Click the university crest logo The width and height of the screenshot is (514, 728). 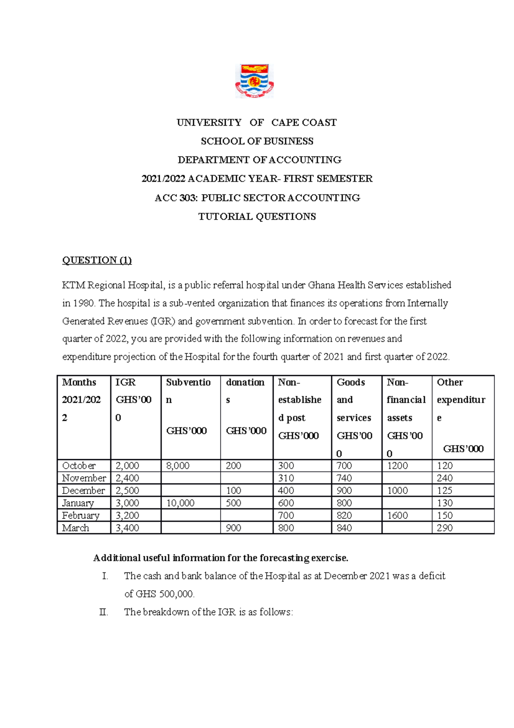[x=254, y=81]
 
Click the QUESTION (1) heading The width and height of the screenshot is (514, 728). [x=97, y=260]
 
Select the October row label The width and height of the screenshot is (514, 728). [x=79, y=466]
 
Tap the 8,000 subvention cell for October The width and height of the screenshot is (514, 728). [x=177, y=466]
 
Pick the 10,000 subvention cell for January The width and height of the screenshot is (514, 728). [x=180, y=503]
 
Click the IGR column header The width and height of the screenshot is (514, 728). [x=126, y=382]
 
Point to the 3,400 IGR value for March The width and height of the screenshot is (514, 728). [x=127, y=528]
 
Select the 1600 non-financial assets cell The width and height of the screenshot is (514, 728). [x=397, y=515]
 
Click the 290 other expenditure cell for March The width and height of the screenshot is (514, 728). [x=445, y=528]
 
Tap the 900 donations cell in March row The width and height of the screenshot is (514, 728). [x=233, y=528]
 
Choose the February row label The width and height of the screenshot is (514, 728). [x=81, y=515]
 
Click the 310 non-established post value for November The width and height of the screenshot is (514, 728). [x=286, y=478]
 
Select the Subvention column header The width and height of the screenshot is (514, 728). [x=188, y=382]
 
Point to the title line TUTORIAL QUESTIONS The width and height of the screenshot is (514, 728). [x=257, y=217]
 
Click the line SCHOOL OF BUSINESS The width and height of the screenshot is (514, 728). [x=257, y=141]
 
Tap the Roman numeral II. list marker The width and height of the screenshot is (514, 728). [x=103, y=612]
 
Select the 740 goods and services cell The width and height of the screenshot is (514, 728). [x=344, y=478]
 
